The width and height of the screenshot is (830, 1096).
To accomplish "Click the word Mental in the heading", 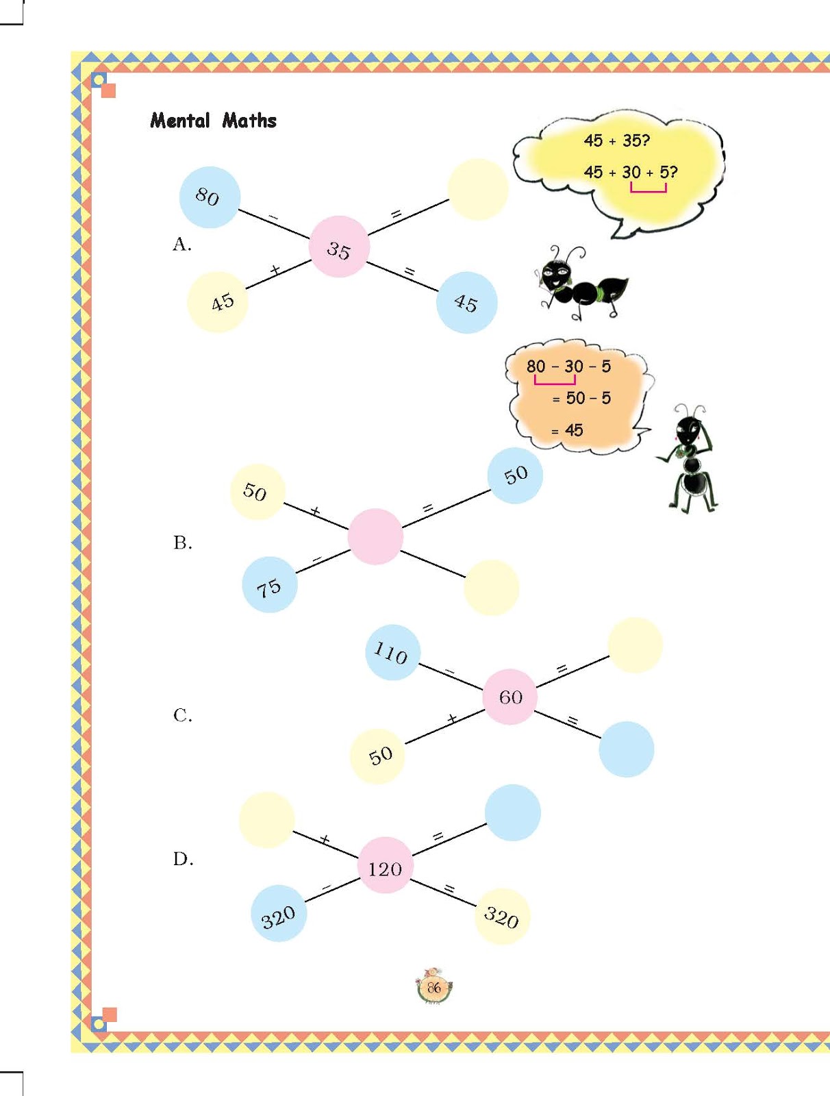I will point(180,121).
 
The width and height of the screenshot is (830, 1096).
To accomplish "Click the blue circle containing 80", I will point(210,197).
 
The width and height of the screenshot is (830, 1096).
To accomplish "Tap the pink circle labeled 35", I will point(339,247).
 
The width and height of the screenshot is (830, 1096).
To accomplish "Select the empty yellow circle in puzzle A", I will point(478,190).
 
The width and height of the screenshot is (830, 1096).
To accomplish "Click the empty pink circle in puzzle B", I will point(375,536).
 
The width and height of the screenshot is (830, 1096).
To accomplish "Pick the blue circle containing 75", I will point(270,585).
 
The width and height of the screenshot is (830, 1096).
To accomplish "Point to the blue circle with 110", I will point(392,652).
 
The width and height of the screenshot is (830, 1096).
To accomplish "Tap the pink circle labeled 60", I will point(510,697).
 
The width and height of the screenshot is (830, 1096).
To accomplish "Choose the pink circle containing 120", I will point(385,865).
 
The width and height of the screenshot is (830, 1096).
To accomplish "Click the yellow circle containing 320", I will point(502,917).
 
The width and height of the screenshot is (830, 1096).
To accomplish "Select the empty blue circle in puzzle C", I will point(626,749).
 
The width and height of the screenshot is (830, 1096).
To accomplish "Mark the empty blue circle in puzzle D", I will point(513,812).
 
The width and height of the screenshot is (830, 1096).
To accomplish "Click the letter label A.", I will point(181,245).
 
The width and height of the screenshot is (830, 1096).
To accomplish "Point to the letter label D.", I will point(183,859).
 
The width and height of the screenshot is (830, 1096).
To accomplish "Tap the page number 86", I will point(433,988).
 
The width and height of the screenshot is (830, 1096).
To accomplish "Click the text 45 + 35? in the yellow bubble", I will point(616,140).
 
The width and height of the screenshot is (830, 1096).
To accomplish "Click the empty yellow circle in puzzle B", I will point(491,587).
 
